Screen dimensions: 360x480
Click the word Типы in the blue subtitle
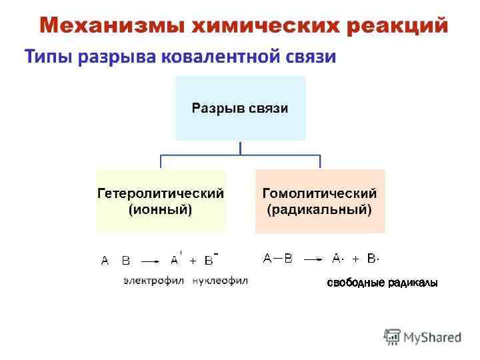[48, 57]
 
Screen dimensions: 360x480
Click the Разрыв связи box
[240, 108]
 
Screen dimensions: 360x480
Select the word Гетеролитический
[160, 194]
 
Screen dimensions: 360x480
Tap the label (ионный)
[160, 210]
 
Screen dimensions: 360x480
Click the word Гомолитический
[320, 194]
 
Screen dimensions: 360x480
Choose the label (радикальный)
[320, 210]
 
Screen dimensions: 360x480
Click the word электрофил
[153, 281]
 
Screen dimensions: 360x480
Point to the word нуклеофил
[220, 281]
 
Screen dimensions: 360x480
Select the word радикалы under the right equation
[413, 283]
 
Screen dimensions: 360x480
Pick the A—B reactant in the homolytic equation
[278, 259]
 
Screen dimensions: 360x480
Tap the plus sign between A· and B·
[355, 259]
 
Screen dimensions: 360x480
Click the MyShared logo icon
[392, 337]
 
